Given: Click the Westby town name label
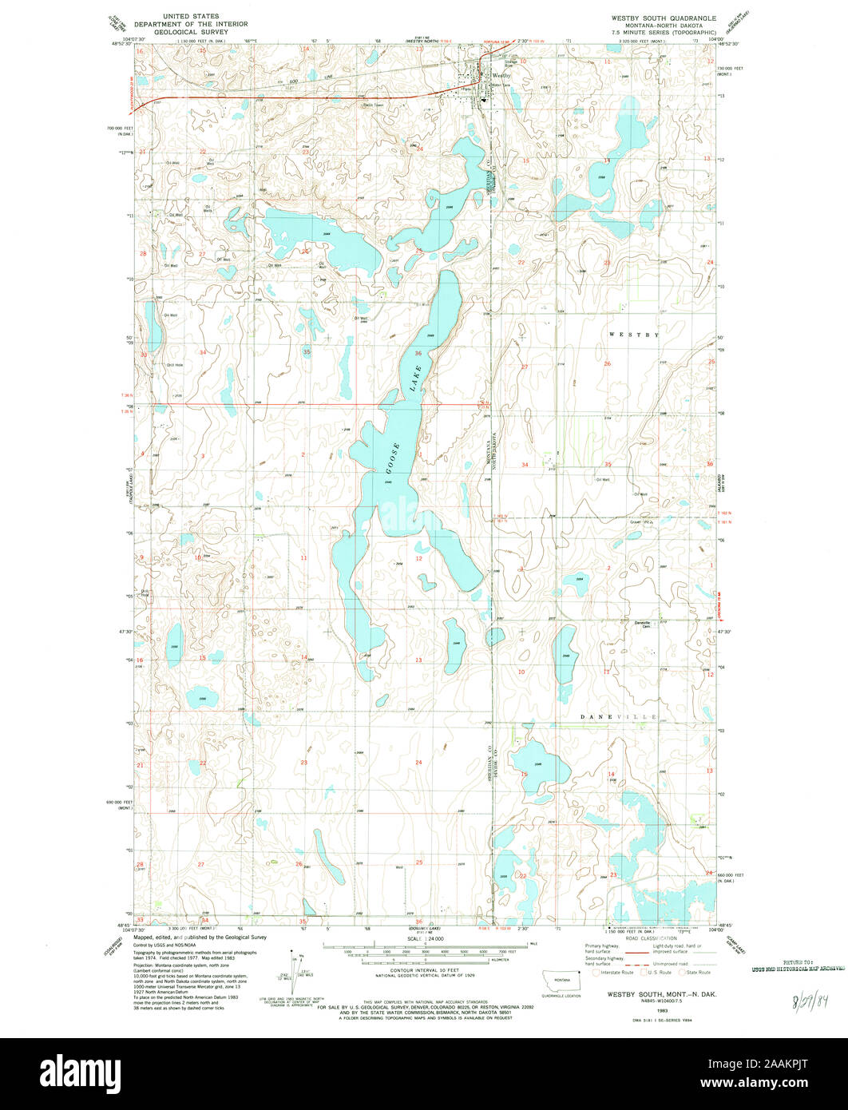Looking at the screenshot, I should pyautogui.click(x=500, y=75).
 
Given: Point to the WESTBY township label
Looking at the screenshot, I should pyautogui.click(x=635, y=335).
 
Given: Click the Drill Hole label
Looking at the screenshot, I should pyautogui.click(x=174, y=366).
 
